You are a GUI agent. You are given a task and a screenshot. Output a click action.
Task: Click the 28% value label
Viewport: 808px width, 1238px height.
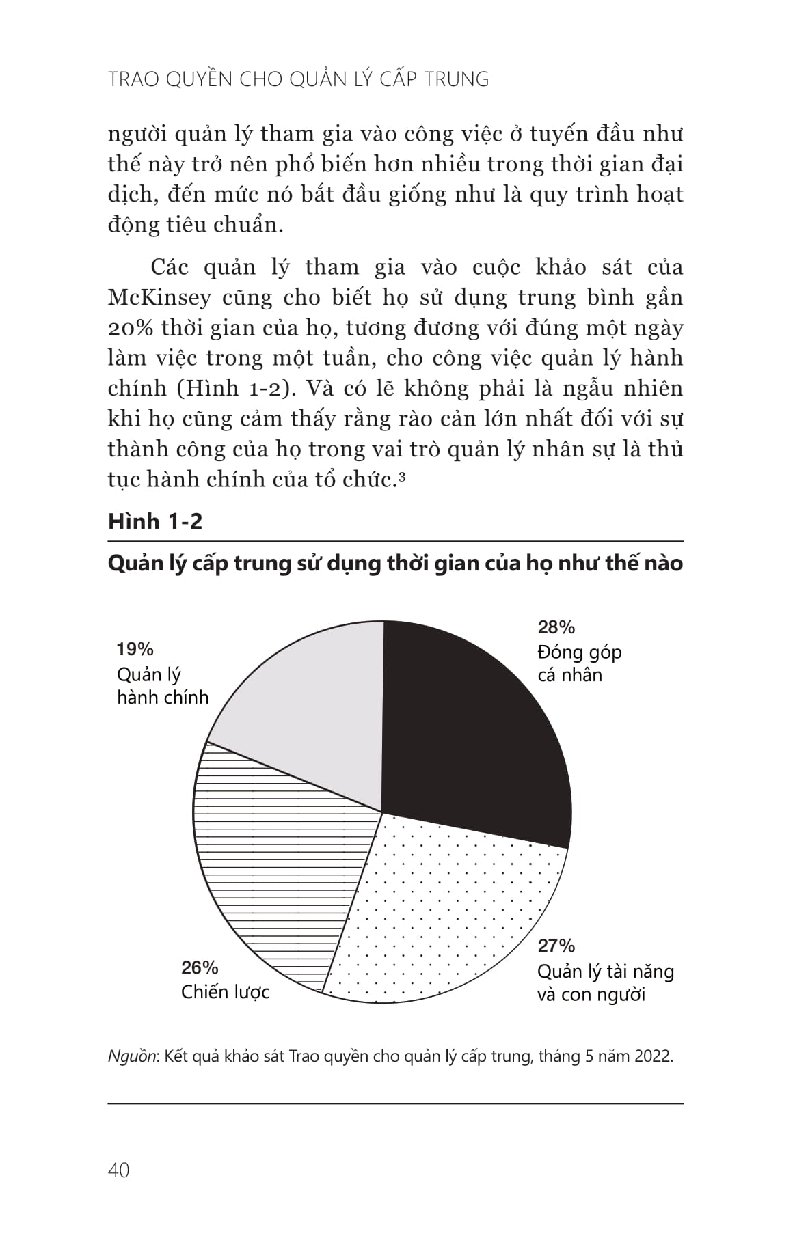(556, 627)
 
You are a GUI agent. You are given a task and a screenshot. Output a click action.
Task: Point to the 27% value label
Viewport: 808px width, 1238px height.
(556, 946)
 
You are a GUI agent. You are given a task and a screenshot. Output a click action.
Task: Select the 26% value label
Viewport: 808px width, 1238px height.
(200, 967)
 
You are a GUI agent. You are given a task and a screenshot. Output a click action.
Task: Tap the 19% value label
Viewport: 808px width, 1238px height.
(135, 649)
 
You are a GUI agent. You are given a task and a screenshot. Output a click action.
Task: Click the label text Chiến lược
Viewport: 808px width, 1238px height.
(225, 992)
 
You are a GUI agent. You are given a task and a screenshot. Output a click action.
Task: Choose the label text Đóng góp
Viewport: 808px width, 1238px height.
(580, 652)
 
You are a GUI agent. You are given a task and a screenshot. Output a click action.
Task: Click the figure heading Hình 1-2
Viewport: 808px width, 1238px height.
(155, 521)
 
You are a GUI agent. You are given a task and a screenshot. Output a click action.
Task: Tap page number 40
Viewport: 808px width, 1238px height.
(118, 1170)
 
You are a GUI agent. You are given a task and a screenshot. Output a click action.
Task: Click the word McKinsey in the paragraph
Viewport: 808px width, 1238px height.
(159, 298)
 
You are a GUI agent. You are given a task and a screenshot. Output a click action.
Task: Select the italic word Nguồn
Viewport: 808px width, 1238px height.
(133, 1056)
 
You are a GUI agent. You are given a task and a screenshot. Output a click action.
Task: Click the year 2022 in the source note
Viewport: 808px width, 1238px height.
(652, 1056)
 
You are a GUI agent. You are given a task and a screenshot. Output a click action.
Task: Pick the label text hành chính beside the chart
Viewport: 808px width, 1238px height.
(163, 698)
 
